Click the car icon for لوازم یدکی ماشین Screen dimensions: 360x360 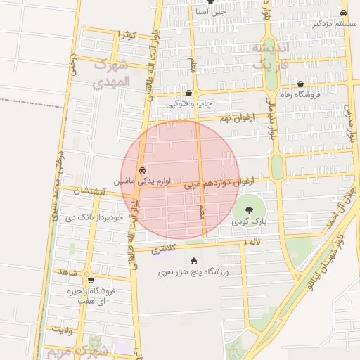142,170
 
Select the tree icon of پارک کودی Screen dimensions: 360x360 247,210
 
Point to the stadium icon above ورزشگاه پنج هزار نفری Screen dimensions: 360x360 193,261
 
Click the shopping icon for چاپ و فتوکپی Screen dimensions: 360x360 188,94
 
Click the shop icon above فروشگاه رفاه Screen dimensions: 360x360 301,84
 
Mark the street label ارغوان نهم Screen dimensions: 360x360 235,118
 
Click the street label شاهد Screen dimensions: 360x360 68,271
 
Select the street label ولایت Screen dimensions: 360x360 63,328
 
